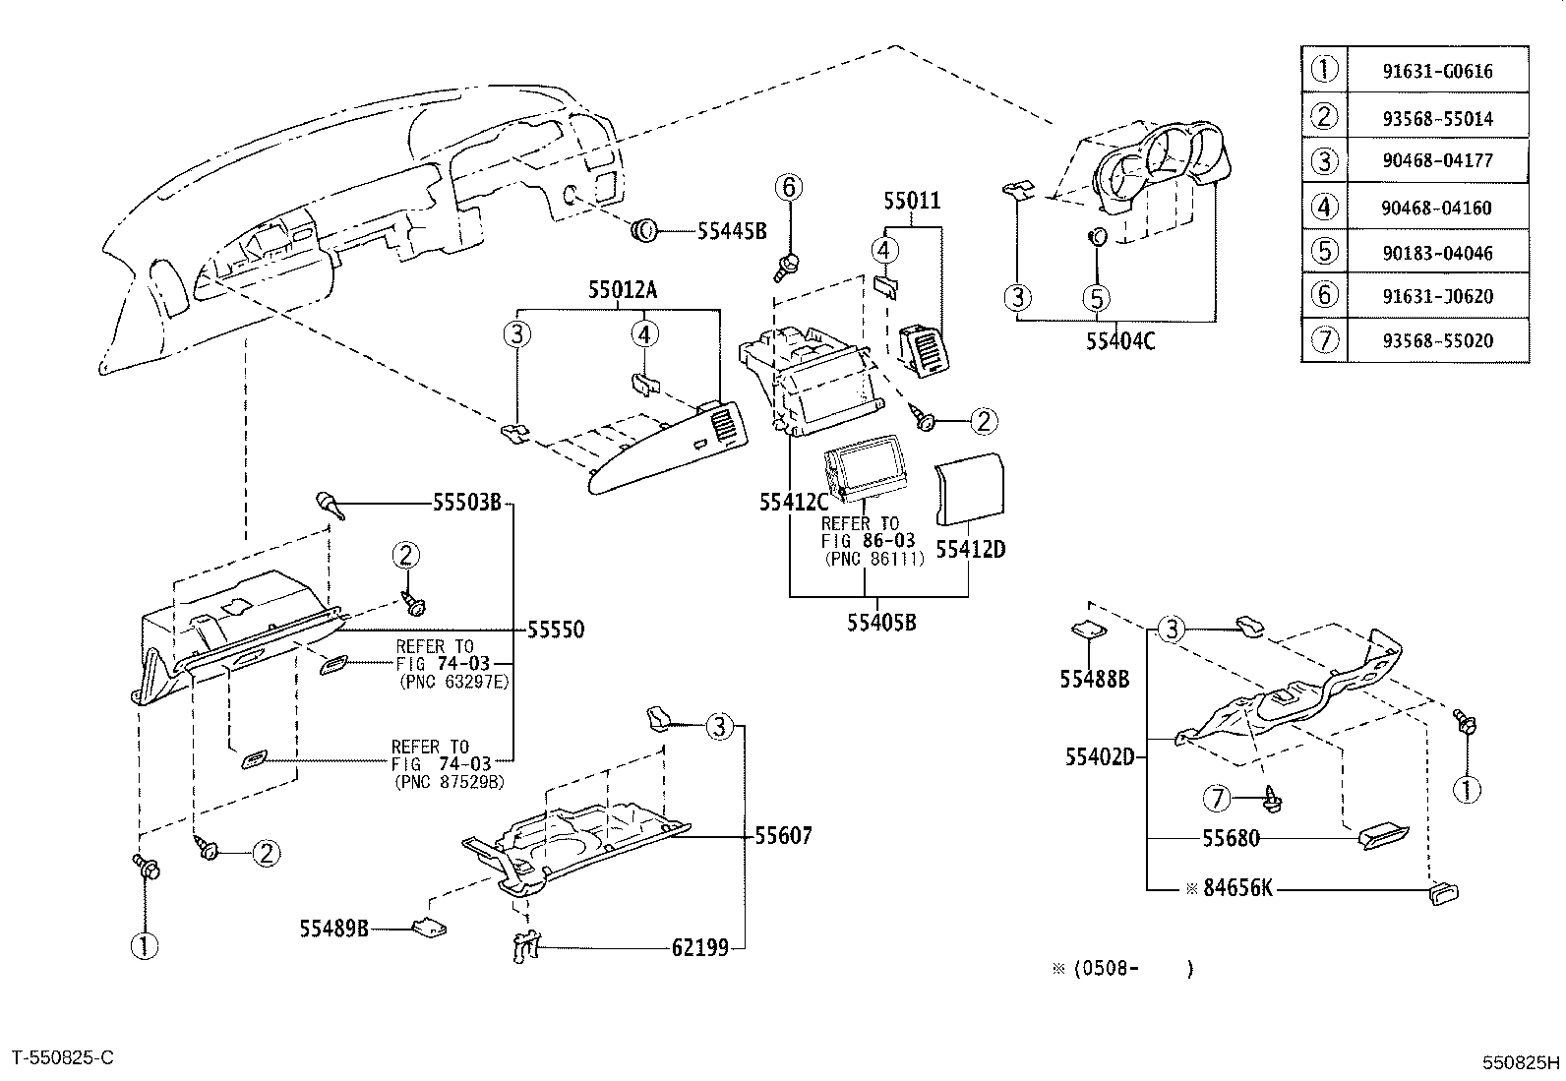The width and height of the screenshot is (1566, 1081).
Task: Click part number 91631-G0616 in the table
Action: click(1437, 72)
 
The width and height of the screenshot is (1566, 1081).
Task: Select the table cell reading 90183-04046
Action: click(1437, 253)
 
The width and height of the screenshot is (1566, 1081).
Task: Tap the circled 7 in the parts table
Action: click(1324, 340)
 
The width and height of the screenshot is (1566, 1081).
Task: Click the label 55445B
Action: click(732, 231)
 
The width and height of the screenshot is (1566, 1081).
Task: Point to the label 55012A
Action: click(623, 289)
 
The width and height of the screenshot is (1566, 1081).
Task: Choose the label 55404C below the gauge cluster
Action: click(1120, 341)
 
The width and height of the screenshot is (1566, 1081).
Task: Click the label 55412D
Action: click(970, 550)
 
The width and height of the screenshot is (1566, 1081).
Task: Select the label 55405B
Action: click(881, 623)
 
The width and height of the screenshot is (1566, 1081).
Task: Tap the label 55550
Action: click(555, 630)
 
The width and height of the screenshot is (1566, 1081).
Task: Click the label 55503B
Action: click(467, 502)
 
